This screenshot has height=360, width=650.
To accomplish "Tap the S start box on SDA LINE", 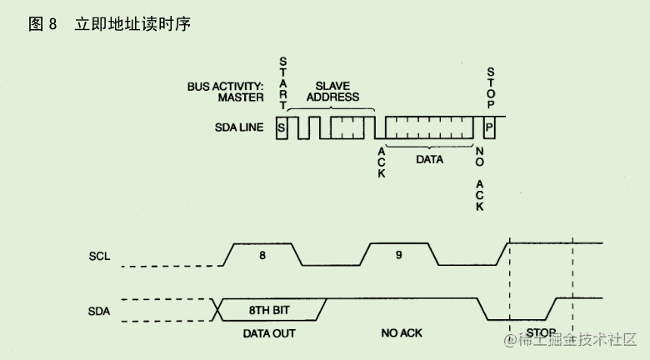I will click(x=282, y=127).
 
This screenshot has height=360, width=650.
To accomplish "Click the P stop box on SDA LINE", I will click(x=489, y=127).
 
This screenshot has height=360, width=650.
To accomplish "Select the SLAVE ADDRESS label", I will click(x=332, y=91).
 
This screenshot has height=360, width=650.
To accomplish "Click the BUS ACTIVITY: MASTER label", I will click(x=225, y=91).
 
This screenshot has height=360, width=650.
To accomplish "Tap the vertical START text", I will click(x=282, y=83).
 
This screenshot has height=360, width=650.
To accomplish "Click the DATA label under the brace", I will click(x=430, y=157).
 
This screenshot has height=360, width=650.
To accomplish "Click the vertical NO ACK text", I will click(x=479, y=178).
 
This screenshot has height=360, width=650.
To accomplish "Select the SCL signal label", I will click(x=99, y=256).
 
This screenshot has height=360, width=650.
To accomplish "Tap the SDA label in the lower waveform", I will click(x=99, y=312).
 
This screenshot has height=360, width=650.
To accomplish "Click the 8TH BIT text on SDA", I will click(x=269, y=310).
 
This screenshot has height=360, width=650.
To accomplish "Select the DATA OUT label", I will click(x=269, y=333).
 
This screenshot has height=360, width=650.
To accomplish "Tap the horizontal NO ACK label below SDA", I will click(x=402, y=333).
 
